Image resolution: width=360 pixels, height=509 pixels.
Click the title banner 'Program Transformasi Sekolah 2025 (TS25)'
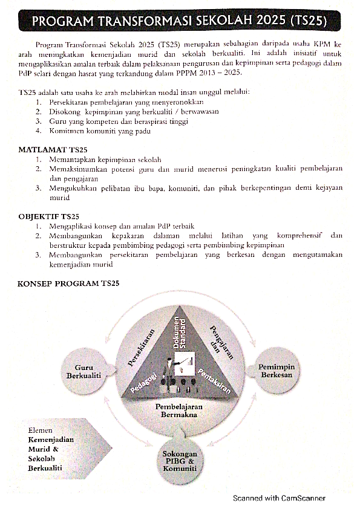[x=180, y=22]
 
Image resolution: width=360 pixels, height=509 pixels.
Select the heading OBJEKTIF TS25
[x=48, y=216]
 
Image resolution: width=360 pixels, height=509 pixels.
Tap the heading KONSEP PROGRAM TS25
[x=68, y=283]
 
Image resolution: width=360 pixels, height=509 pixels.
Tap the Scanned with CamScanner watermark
[x=280, y=498]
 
